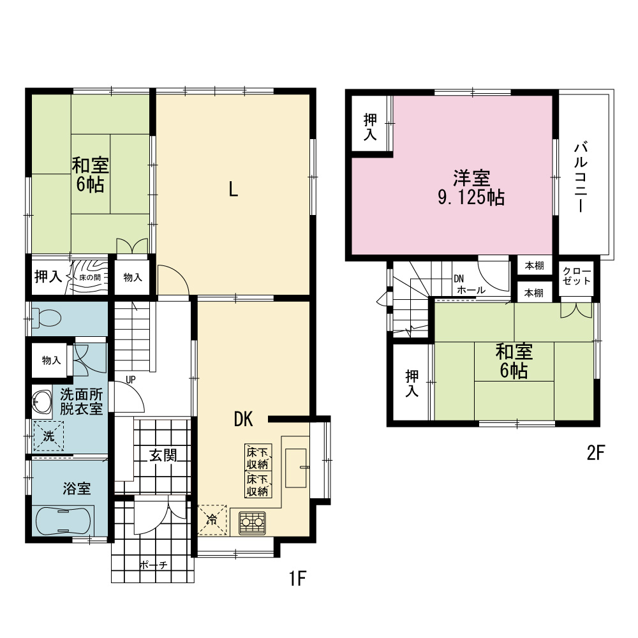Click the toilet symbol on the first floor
pos(46,318)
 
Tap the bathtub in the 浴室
pos(63,521)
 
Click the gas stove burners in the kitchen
pos(252,523)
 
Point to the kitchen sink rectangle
pos(296,468)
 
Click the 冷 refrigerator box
pos(212,519)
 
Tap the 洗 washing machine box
pos(48,436)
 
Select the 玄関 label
pos(163,455)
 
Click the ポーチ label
pos(153,565)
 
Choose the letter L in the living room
pos(233,189)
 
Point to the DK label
pos(243,419)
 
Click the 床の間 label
pos(90,278)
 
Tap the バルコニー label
pos(581,177)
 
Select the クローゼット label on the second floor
pos(577,276)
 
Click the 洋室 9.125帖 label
pos(471,188)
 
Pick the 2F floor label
pos(596,452)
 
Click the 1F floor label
pos(297,578)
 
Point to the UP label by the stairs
pos(131,380)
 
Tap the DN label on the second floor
pos(459,279)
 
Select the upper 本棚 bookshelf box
pos(534,265)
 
